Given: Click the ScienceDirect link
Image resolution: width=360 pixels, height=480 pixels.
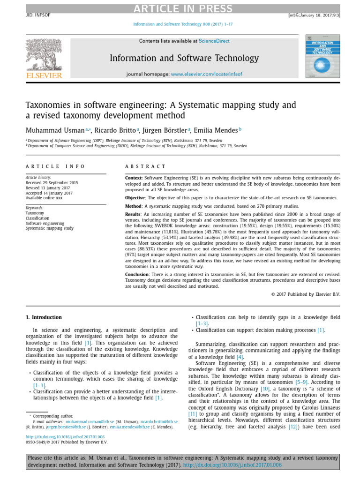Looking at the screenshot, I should click(x=214, y=41).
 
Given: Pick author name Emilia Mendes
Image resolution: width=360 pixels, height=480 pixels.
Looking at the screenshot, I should click(x=216, y=130).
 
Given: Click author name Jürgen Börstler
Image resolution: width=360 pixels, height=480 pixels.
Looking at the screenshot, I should click(x=164, y=130).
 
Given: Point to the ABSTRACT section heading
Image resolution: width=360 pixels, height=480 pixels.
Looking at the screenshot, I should click(x=145, y=166).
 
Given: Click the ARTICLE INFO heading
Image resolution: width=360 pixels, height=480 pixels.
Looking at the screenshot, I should click(x=55, y=166).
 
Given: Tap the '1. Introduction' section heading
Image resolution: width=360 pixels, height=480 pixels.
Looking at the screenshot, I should click(x=44, y=317).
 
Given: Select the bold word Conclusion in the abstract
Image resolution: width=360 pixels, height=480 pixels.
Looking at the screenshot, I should click(x=139, y=274).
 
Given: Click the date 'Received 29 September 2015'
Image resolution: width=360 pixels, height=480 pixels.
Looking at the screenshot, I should click(x=52, y=183).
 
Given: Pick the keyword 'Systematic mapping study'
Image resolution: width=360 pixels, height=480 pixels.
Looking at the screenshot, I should click(x=49, y=228).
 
